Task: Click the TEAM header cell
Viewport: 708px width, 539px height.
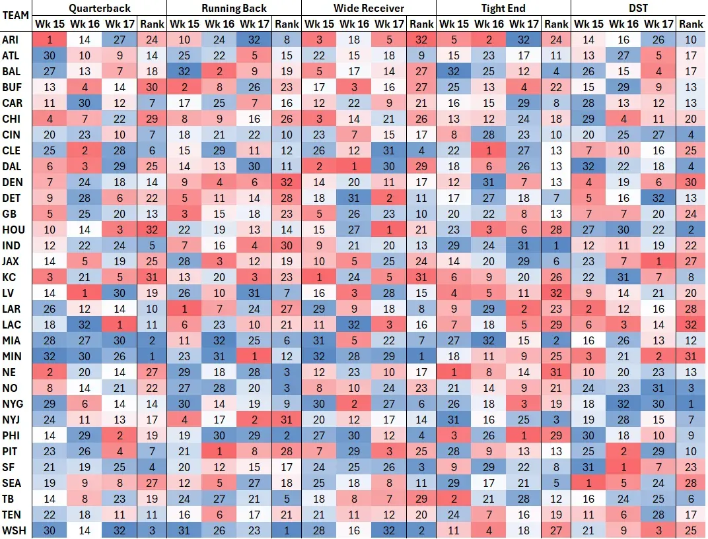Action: pyautogui.click(x=16, y=16)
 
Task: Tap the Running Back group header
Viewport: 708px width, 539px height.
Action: pyautogui.click(x=234, y=8)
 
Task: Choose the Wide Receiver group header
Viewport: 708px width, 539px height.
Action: pyautogui.click(x=369, y=8)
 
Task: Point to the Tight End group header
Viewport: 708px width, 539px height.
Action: pyautogui.click(x=503, y=8)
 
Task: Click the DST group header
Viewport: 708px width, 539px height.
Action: pyautogui.click(x=638, y=8)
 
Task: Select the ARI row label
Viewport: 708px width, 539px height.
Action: pyautogui.click(x=11, y=40)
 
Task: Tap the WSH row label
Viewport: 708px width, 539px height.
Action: pyautogui.click(x=13, y=530)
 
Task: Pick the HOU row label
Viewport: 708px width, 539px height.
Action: pyautogui.click(x=13, y=230)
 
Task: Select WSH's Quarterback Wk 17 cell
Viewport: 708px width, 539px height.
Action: pyautogui.click(x=119, y=530)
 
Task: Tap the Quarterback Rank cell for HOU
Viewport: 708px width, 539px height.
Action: pyautogui.click(x=152, y=230)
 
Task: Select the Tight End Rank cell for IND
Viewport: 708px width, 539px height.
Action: pyautogui.click(x=556, y=245)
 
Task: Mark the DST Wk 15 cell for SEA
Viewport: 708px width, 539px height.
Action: pyautogui.click(x=589, y=482)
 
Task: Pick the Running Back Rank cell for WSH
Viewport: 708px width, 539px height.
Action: pyautogui.click(x=287, y=530)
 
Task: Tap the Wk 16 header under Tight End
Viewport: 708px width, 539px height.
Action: pyautogui.click(x=489, y=24)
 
